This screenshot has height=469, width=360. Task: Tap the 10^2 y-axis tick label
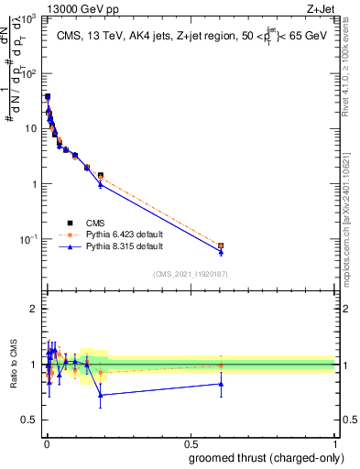[x=27, y=73]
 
